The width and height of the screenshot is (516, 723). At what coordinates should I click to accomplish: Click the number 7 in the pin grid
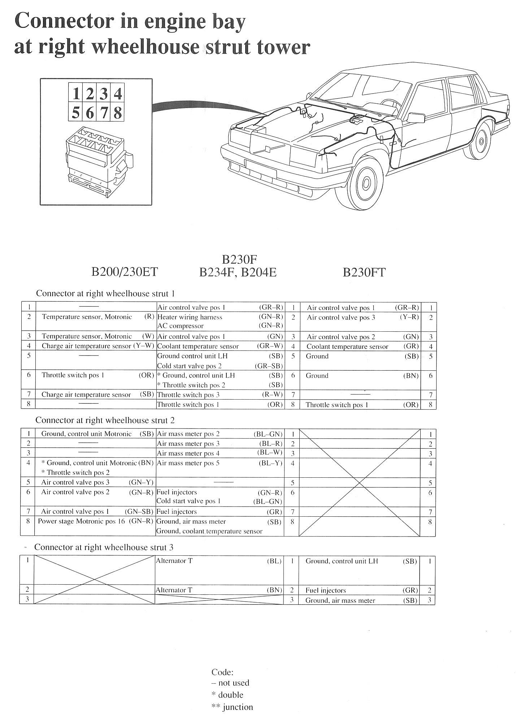(x=104, y=113)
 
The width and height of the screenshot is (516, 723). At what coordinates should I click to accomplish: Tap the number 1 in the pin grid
(x=76, y=94)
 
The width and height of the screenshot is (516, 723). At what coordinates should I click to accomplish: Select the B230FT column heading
(x=364, y=272)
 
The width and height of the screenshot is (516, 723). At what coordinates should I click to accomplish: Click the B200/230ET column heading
(x=125, y=272)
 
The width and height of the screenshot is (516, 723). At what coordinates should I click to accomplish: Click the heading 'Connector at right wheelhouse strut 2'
(x=105, y=420)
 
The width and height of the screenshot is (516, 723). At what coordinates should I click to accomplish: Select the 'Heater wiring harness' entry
(x=190, y=317)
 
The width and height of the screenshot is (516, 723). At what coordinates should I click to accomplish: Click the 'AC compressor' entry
(x=181, y=326)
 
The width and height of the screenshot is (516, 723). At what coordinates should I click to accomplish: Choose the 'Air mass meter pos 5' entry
(x=188, y=463)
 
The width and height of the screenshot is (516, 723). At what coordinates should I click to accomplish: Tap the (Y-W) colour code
(x=143, y=346)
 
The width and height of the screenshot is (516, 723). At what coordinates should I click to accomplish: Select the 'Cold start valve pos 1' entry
(x=188, y=501)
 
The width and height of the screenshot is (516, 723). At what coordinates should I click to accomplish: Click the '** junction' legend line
(x=232, y=707)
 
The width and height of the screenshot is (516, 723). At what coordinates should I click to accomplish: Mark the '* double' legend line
(x=227, y=694)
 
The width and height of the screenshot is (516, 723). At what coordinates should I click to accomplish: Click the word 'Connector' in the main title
(x=64, y=22)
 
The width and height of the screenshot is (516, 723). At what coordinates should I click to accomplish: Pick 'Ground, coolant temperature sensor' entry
(x=209, y=531)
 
